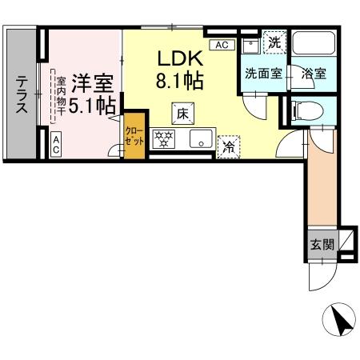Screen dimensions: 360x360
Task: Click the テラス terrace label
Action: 22,94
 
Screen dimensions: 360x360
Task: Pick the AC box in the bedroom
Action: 58,145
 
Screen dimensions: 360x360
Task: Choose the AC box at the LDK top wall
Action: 222,44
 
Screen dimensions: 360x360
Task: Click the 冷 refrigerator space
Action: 228,146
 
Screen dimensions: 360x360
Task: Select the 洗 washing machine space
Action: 274,42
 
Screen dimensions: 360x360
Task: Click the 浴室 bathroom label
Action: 312,74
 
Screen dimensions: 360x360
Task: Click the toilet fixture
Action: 302,110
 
